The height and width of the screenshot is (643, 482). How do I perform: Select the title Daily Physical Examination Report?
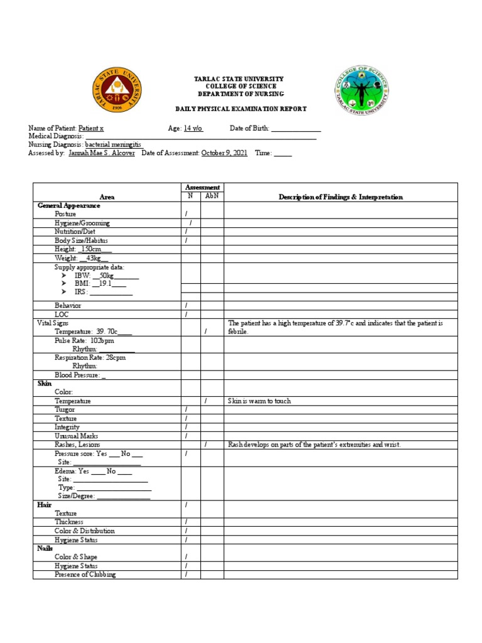pyautogui.click(x=241, y=109)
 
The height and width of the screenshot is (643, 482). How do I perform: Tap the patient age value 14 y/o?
pyautogui.click(x=193, y=128)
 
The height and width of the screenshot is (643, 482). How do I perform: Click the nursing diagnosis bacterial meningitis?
pyautogui.click(x=118, y=144)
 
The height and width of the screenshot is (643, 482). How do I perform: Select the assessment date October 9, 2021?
pyautogui.click(x=224, y=153)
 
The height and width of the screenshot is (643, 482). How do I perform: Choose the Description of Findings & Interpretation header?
pyautogui.click(x=341, y=197)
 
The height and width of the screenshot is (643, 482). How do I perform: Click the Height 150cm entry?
pyautogui.click(x=83, y=249)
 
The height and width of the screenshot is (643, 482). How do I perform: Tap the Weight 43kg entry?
pyautogui.click(x=82, y=258)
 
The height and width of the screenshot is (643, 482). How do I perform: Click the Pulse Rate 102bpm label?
pyautogui.click(x=84, y=340)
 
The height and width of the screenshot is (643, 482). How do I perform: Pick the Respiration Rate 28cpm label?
pyautogui.click(x=90, y=357)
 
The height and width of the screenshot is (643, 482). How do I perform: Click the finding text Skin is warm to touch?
pyautogui.click(x=259, y=401)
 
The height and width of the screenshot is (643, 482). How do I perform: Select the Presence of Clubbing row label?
pyautogui.click(x=85, y=574)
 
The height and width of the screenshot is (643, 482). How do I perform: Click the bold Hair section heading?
pyautogui.click(x=44, y=504)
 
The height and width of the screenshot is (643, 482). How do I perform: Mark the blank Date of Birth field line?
pyautogui.click(x=296, y=129)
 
